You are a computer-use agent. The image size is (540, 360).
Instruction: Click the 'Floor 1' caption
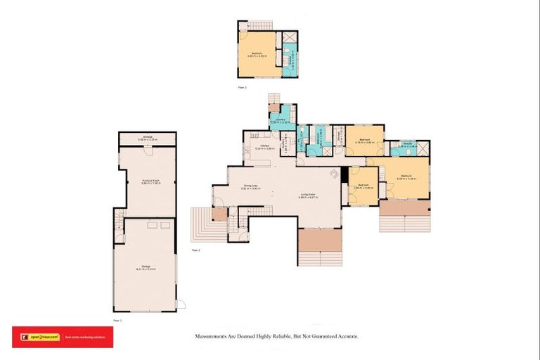pos(117,320)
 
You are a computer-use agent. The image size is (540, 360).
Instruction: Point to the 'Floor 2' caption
pos(196,250)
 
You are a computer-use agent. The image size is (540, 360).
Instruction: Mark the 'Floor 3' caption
pos(242,86)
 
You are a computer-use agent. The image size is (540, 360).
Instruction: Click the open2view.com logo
pos(36,337)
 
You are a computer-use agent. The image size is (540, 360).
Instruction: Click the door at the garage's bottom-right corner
pos(180,304)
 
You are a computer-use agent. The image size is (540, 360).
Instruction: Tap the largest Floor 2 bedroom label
pos(406,176)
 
